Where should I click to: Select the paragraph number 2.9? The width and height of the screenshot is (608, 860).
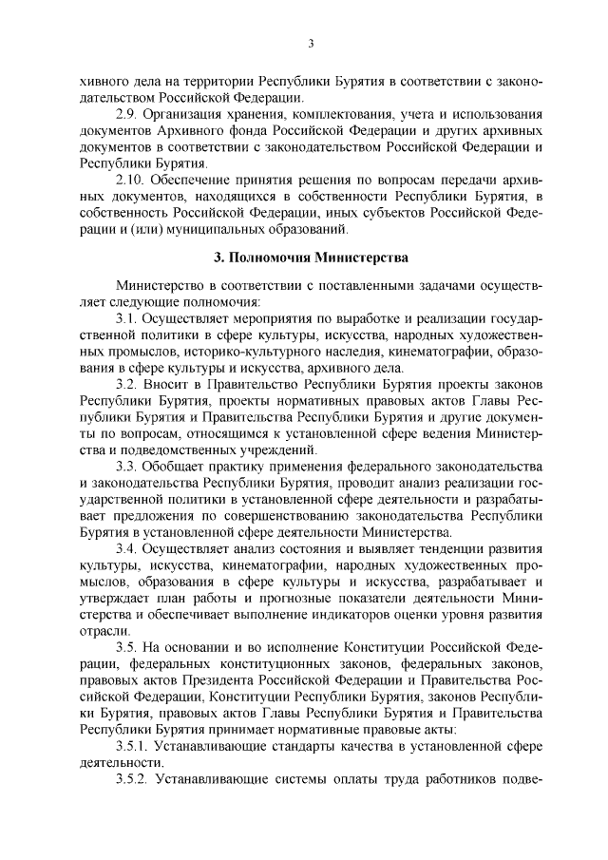[x=127, y=114]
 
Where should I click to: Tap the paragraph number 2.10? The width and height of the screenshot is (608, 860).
[x=131, y=179]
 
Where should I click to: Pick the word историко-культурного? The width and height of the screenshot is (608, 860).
[x=215, y=352]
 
